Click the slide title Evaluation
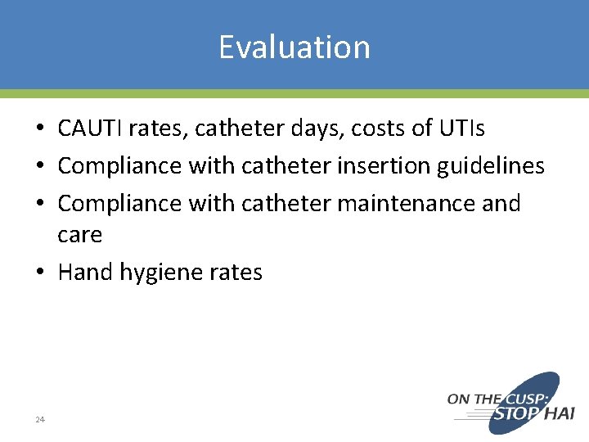pos(294,47)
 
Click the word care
pos(79,235)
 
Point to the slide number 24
pos(39,420)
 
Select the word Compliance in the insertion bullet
pos(119,166)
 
